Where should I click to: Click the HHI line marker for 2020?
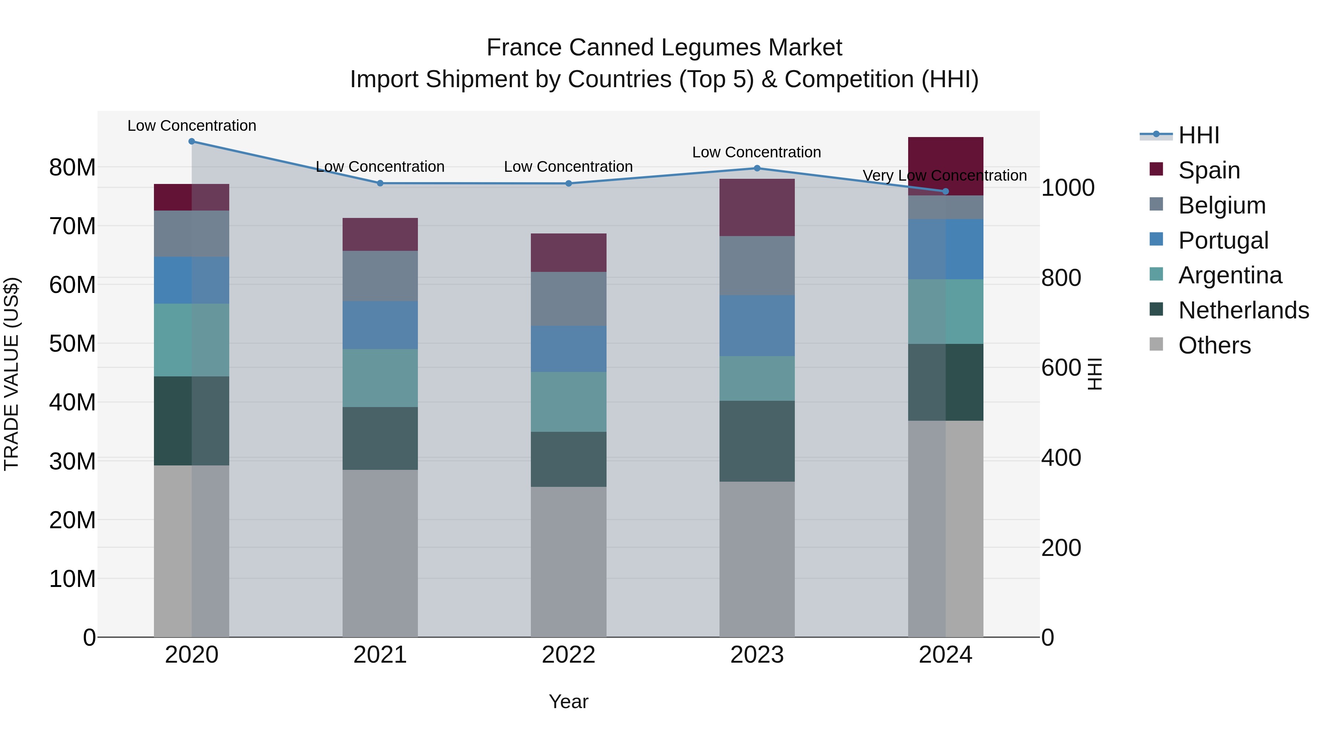click(191, 141)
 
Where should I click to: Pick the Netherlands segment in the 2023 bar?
click(757, 441)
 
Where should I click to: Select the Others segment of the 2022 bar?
click(569, 561)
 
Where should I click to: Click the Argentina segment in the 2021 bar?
click(380, 378)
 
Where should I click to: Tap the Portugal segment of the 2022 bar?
click(569, 349)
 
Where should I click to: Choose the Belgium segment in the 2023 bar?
click(757, 266)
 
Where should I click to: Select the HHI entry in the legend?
click(1198, 135)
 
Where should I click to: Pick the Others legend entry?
click(1215, 345)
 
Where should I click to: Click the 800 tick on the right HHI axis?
click(1061, 278)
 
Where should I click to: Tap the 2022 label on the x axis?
click(569, 655)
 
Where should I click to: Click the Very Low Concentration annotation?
click(945, 175)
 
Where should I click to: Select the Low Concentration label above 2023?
click(756, 152)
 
